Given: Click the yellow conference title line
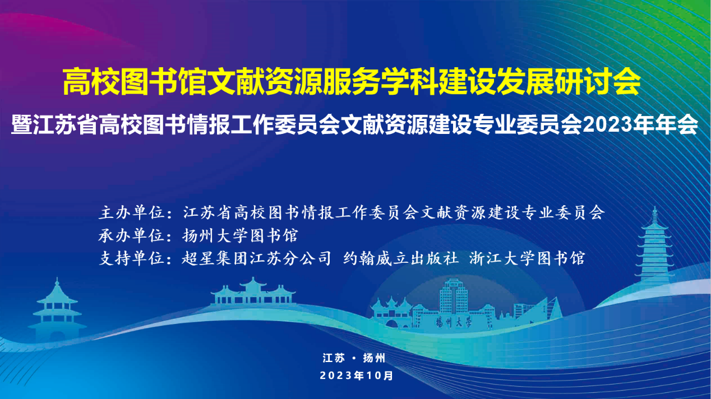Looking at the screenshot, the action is tap(352, 82).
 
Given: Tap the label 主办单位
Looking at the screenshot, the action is tap(131, 212).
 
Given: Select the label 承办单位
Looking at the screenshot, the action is tap(131, 236).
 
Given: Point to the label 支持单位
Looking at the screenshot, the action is tap(131, 258).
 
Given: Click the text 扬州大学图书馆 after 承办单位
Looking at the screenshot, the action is tap(241, 236).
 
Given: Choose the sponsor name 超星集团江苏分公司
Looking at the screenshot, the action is tap(256, 258).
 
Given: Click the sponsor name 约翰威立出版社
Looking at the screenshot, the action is tap(401, 258).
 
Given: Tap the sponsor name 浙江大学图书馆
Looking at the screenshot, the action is tap(527, 258).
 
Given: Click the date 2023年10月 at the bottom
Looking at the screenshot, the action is tap(357, 375).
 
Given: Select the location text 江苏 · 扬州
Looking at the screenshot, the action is tap(354, 358).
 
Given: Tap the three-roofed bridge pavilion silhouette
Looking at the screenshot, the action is tap(253, 292).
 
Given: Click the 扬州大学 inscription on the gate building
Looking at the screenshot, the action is tap(454, 323).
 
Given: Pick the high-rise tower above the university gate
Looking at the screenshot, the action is tap(454, 296).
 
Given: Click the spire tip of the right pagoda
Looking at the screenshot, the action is tap(654, 207).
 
